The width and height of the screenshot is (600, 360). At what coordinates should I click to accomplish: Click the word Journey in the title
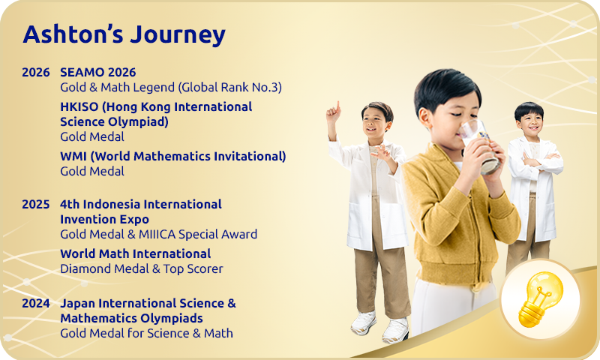[178, 35]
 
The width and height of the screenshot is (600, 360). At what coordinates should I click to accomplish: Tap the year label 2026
[35, 72]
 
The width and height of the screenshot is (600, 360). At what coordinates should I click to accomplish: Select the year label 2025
[35, 204]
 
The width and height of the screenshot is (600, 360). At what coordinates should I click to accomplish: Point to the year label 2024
[35, 304]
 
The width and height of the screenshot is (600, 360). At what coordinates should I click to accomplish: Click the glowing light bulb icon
[540, 299]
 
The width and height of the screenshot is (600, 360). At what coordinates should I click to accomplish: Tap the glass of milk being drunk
[479, 146]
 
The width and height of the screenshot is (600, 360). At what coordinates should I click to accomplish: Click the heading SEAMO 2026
[98, 72]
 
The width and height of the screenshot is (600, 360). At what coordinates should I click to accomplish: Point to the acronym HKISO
[79, 106]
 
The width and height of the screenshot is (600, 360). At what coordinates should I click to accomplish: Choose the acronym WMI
[73, 157]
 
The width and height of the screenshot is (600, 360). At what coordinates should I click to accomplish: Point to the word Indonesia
[111, 204]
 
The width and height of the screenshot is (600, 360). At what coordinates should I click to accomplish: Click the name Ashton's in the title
[73, 34]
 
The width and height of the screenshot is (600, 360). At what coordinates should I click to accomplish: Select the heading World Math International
[136, 253]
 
